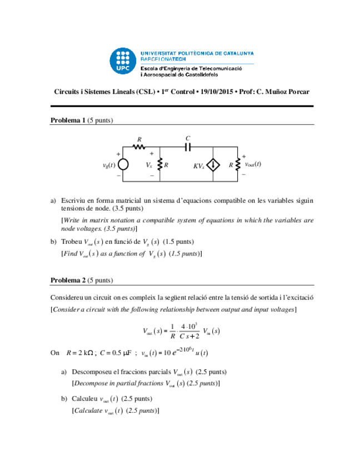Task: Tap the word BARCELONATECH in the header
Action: [163, 58]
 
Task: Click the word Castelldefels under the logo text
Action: [198, 74]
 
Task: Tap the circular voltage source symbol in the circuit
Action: [123, 165]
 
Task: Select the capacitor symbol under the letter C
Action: [188, 147]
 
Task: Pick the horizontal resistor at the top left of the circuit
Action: [139, 147]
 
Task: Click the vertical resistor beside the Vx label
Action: [159, 165]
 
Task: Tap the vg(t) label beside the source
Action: [108, 165]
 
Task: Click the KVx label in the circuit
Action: [199, 166]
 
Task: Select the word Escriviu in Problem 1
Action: [73, 201]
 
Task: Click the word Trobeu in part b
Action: [71, 242]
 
